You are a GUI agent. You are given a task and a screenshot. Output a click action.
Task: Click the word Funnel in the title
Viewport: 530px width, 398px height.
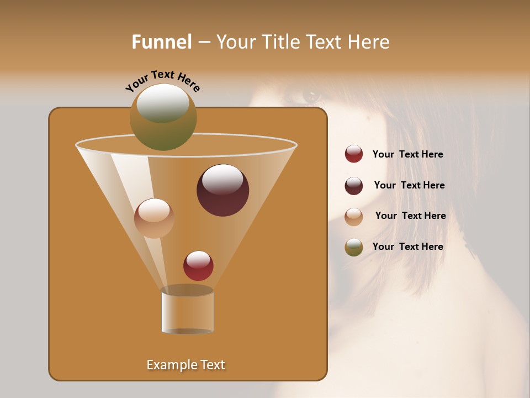coord(161,42)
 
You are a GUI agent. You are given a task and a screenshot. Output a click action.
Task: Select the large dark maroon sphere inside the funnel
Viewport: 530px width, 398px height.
coord(222,190)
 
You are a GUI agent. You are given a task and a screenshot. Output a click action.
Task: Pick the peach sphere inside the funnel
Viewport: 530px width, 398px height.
coord(154,218)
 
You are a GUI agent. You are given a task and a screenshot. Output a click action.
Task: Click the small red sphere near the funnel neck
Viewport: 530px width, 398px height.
coord(198,266)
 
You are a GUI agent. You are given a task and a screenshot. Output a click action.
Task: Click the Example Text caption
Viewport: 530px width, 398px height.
coord(186,365)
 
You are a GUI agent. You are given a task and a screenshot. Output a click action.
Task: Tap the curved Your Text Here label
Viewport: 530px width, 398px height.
coord(162,81)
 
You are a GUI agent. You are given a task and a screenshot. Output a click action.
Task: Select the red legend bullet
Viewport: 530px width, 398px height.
coord(354,154)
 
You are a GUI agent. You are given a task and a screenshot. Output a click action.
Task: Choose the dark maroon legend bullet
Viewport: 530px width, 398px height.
coord(354,186)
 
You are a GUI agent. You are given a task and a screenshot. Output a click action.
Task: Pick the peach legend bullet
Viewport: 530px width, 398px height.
coord(354,216)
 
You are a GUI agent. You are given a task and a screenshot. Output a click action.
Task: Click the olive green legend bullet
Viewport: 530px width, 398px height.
coord(354,247)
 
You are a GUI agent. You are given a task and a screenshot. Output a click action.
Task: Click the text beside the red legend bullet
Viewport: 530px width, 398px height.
coord(407,154)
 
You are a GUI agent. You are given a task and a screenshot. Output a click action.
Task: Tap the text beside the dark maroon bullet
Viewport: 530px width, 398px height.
coord(409,185)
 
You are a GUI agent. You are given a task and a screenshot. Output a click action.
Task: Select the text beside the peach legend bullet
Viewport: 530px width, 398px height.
coord(410,216)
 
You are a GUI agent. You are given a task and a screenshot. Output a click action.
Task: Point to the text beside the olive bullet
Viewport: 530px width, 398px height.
coord(407,247)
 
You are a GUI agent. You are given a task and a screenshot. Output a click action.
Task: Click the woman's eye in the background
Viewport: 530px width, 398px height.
coord(311,97)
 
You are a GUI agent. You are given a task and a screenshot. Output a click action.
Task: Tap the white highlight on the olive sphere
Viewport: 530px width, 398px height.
coord(163,103)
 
